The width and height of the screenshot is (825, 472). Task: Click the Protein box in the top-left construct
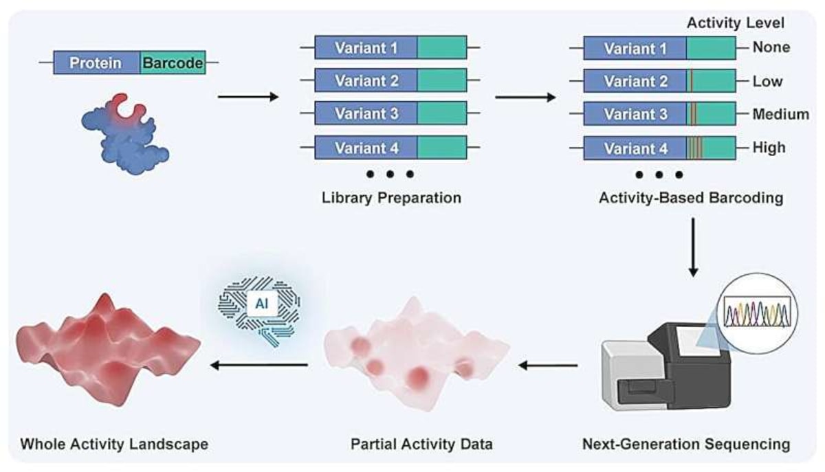coord(96,64)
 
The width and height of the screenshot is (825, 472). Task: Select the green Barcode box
coord(173,64)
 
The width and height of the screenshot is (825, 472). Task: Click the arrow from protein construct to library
coord(248,97)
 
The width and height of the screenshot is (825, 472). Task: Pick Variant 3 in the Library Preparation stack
coord(366,113)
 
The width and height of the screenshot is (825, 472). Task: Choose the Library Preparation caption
coord(390,199)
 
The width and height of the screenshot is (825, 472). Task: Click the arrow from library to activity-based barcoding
coord(525,97)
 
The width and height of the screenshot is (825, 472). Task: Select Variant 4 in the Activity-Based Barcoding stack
coord(635,148)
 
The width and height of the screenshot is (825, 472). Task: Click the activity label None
coord(771,48)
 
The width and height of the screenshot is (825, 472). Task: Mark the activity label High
coord(769,148)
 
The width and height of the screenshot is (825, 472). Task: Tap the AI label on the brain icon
coord(262,303)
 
